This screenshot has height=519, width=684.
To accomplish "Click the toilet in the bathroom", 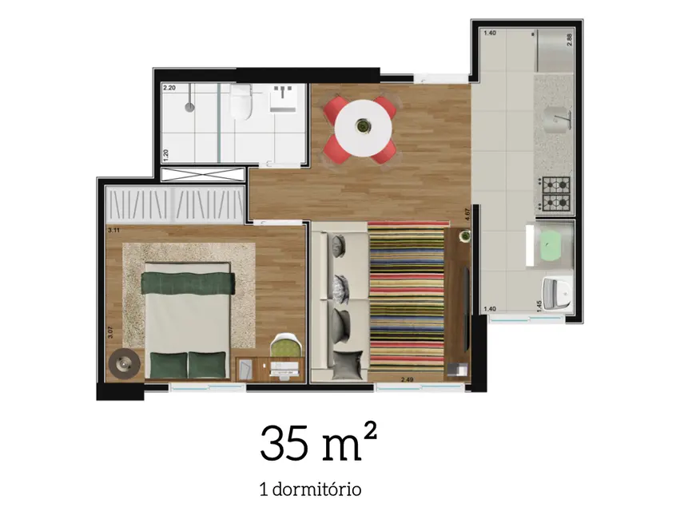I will [239, 103].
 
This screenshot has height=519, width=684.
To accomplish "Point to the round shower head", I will [189, 105].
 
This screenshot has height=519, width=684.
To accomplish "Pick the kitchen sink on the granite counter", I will [559, 121].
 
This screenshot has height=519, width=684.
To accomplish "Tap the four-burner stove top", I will [556, 192].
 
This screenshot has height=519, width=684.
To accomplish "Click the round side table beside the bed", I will [124, 364].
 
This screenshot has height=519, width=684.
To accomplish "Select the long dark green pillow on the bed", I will [188, 280].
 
